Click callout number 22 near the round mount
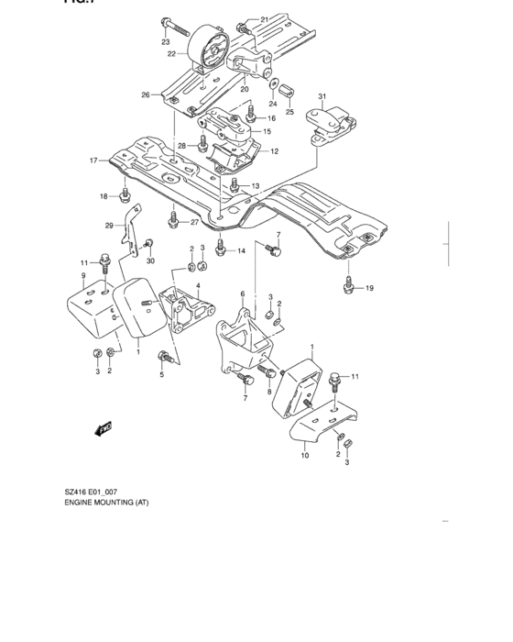[171, 55]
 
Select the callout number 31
[322, 96]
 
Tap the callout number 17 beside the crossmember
[93, 160]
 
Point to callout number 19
[370, 289]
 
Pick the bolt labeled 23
[165, 22]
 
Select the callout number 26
[145, 95]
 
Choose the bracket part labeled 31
[330, 123]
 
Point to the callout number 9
[82, 276]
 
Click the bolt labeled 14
[221, 247]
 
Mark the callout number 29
[108, 225]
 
